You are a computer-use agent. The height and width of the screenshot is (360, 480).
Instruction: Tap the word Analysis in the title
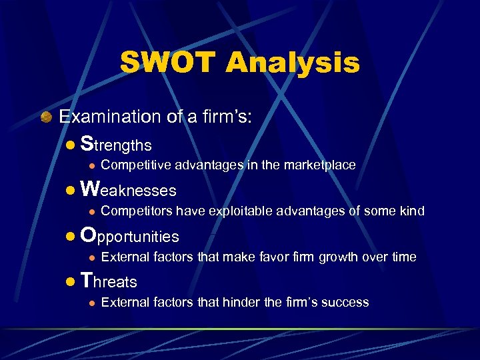tap(293, 63)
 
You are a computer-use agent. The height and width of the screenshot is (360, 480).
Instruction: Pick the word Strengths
tap(116, 144)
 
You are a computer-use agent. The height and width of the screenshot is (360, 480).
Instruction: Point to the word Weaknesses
tap(127, 190)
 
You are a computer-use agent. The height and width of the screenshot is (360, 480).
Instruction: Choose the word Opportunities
tap(129, 236)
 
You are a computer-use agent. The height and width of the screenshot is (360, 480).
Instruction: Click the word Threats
tap(108, 281)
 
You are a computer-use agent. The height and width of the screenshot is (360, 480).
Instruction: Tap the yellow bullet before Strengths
tap(71, 145)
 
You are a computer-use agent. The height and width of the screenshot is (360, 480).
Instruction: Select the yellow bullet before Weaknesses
tap(71, 191)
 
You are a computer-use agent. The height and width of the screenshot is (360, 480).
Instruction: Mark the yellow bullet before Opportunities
tap(71, 237)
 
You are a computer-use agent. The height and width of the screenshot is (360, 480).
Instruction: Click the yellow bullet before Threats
tap(71, 282)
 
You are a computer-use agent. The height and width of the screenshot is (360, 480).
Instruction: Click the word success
tap(345, 303)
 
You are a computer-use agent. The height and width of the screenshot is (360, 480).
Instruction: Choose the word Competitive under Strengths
tap(131, 165)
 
